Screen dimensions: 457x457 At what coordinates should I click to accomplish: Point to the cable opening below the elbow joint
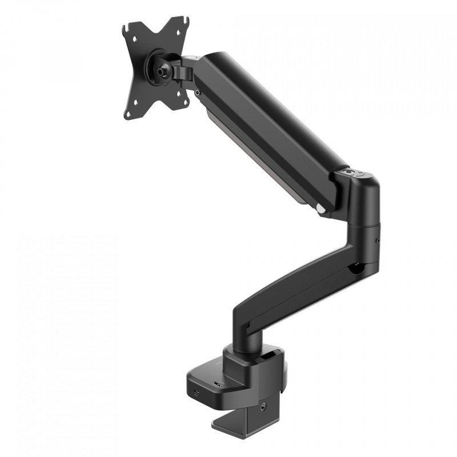357,266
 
